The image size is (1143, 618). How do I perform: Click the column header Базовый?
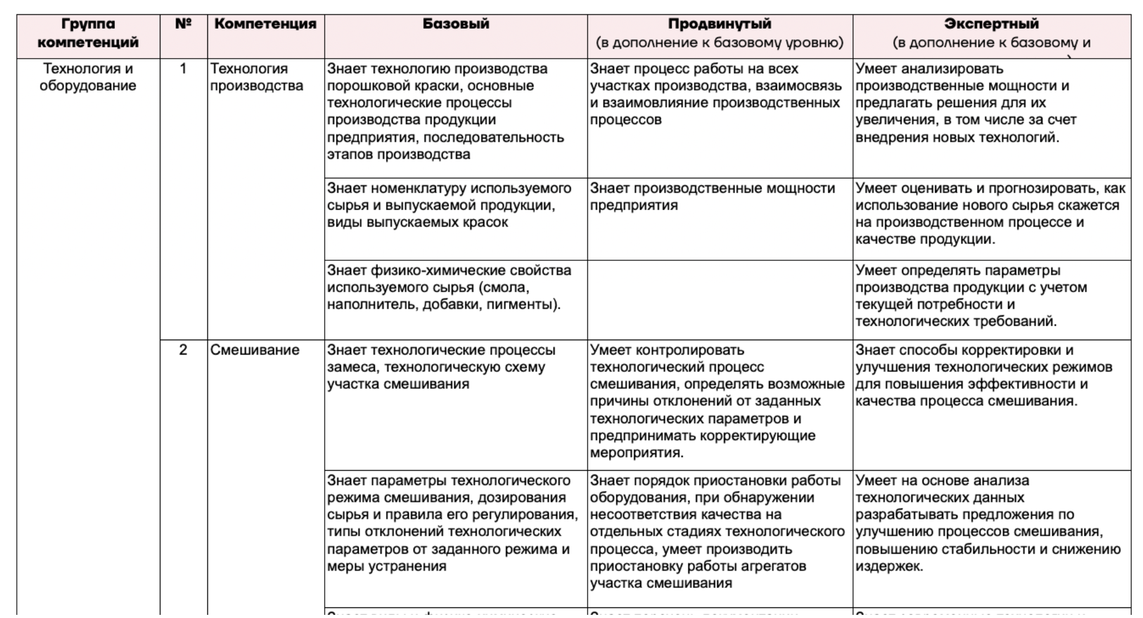[455, 24]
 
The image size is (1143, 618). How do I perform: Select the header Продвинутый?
[719, 24]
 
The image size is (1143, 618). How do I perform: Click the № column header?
[183, 24]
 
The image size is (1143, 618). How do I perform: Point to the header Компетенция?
[265, 24]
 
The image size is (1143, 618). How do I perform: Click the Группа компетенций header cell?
[88, 33]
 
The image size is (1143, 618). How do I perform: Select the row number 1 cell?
[183, 69]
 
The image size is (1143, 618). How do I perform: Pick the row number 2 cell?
[183, 350]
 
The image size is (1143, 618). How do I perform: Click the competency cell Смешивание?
[255, 350]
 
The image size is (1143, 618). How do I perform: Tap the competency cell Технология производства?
[257, 77]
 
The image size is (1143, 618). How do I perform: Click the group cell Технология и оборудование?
[88, 77]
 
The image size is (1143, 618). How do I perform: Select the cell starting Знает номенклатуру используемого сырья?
[448, 205]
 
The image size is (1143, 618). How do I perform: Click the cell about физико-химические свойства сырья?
[448, 287]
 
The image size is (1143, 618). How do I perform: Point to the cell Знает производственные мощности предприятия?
[712, 197]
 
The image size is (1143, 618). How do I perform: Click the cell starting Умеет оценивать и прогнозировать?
[990, 213]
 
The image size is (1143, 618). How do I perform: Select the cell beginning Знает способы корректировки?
[984, 375]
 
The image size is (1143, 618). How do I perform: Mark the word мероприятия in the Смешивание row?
[636, 453]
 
